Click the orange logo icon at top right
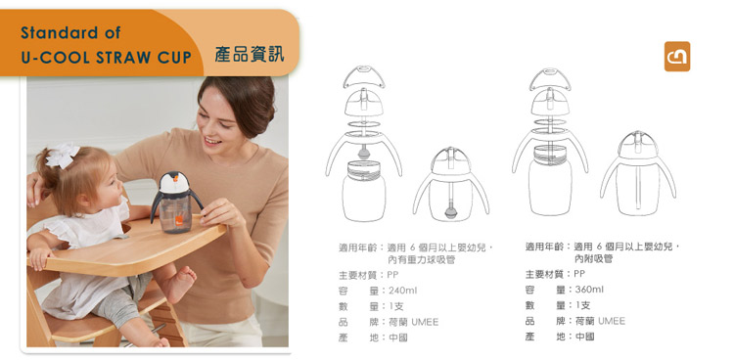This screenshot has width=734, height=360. coord(677,58)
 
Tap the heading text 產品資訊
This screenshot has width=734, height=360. coord(250,54)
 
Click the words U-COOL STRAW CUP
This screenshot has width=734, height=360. coord(106,58)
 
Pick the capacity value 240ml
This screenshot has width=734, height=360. coord(403,291)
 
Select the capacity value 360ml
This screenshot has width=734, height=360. coord(589,290)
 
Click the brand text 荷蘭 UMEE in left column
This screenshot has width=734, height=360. coord(412,321)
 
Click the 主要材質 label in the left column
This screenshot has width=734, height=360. coord(358,275)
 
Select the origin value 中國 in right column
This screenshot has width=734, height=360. coord(585,337)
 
